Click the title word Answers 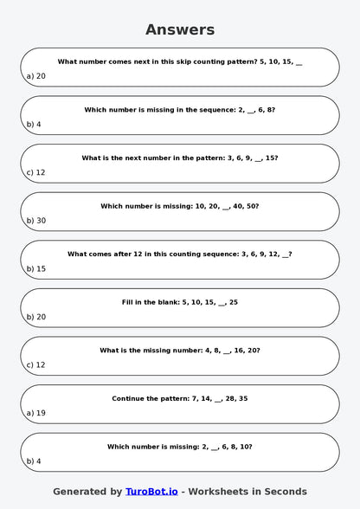coord(180,29)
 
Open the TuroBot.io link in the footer coord(151,491)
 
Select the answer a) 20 coord(35,76)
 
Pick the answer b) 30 coord(35,221)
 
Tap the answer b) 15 coord(35,268)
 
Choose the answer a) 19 coord(35,413)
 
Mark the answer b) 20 coord(35,317)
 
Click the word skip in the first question coord(159,61)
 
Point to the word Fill coord(128,302)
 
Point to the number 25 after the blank coord(233,302)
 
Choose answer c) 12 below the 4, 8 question coord(35,364)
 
